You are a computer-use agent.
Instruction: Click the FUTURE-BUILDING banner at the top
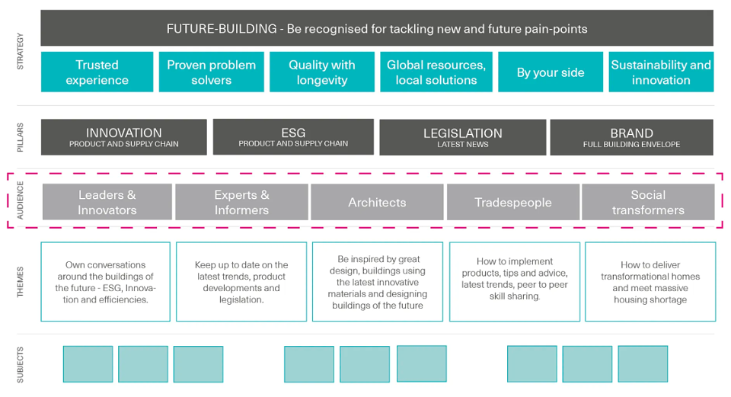click(377, 28)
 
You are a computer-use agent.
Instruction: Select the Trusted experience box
click(97, 72)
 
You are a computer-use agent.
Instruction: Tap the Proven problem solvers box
click(211, 72)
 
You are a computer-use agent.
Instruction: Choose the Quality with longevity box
click(321, 72)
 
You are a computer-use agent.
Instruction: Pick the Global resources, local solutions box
click(436, 72)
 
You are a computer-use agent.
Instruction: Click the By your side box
click(550, 72)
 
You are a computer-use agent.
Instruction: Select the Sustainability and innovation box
click(661, 72)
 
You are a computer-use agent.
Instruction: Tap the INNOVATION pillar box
click(123, 137)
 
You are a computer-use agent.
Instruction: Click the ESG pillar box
click(293, 136)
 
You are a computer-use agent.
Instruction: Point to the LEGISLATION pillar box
click(462, 137)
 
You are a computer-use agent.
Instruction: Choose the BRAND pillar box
click(632, 137)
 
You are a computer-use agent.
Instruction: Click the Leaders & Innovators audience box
click(107, 201)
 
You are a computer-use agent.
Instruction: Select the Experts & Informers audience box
click(241, 201)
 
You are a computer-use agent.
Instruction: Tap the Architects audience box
click(377, 201)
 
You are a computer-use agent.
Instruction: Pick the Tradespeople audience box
click(512, 201)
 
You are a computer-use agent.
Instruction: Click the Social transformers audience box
click(648, 201)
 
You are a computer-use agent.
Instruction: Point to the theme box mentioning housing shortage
click(650, 282)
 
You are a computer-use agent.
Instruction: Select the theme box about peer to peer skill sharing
click(515, 282)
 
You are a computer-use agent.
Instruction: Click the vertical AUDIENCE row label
click(20, 200)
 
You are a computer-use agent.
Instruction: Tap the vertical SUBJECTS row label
click(20, 365)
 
